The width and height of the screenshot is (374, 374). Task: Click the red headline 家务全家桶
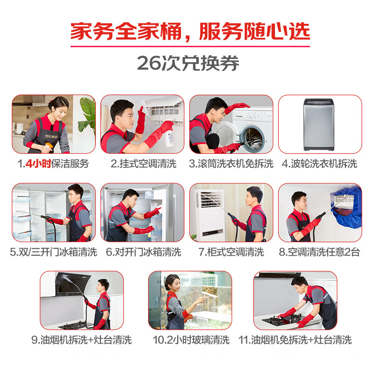126,31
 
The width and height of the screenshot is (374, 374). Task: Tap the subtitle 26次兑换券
188,63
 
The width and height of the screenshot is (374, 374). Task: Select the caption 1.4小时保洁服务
53,164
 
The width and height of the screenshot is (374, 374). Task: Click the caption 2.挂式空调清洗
144,164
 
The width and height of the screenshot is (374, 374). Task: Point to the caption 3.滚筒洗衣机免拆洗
231,164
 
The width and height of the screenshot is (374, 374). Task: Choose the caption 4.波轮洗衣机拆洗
319,164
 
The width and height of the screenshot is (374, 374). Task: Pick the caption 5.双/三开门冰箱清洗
53,252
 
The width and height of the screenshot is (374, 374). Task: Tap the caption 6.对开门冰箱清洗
144,252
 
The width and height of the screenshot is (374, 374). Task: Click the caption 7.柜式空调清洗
231,252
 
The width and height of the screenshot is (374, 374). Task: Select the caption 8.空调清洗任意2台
319,252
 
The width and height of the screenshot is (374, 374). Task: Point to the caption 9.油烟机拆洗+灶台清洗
81,340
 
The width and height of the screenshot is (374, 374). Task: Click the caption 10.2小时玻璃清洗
191,340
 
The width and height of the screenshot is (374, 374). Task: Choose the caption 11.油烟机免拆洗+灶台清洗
295,340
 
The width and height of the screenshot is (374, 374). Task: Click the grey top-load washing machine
319,124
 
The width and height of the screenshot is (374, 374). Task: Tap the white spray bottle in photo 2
169,138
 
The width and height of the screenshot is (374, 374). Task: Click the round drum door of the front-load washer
253,139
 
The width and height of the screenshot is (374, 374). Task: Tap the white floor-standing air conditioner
209,214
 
